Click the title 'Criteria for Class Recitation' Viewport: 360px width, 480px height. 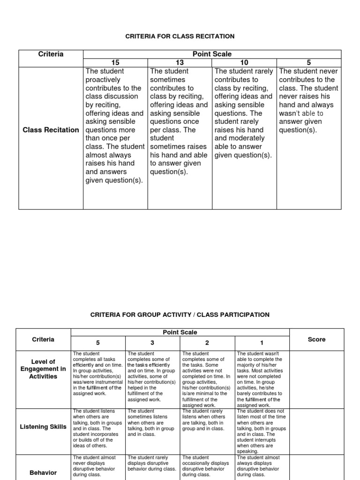pyautogui.click(x=180, y=36)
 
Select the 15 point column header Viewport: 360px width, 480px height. pyautogui.click(x=115, y=63)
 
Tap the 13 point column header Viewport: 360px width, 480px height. pyautogui.click(x=180, y=63)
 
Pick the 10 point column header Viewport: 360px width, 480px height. pyautogui.click(x=244, y=63)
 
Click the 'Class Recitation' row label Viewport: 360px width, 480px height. pyautogui.click(x=51, y=130)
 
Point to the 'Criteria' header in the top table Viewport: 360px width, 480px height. pyautogui.click(x=51, y=54)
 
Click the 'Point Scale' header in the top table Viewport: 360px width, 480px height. pyautogui.click(x=212, y=54)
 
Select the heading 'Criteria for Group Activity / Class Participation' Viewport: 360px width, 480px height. pyautogui.click(x=180, y=315)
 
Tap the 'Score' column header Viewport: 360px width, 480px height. pyautogui.click(x=316, y=339)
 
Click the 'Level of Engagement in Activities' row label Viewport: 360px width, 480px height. pyautogui.click(x=43, y=369)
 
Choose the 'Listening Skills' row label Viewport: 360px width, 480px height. pyautogui.click(x=43, y=427)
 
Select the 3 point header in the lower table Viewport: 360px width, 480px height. pyautogui.click(x=153, y=343)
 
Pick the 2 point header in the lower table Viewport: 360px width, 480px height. pyautogui.click(x=207, y=343)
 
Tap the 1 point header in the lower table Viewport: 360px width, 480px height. pyautogui.click(x=262, y=343)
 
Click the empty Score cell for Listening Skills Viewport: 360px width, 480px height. pyautogui.click(x=316, y=431)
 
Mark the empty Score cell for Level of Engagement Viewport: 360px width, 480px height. pyautogui.click(x=316, y=379)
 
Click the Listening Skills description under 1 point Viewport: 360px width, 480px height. pyautogui.click(x=261, y=431)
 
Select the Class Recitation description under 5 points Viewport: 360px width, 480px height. pyautogui.click(x=308, y=101)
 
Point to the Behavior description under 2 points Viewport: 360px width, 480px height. pyautogui.click(x=206, y=466)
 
